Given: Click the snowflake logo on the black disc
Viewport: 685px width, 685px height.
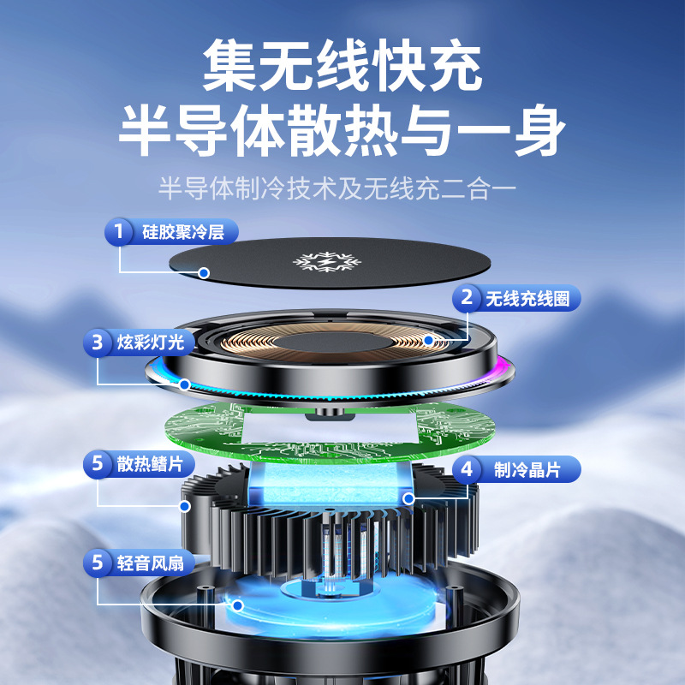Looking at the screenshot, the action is (327, 262).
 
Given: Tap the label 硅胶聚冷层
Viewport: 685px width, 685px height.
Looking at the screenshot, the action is (183, 231).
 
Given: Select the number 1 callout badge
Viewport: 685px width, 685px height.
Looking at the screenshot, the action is (118, 231).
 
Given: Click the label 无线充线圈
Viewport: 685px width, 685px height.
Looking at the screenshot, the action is (527, 299).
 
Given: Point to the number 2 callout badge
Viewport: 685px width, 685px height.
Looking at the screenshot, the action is (467, 298).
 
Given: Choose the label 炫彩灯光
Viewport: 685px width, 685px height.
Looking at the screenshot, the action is (151, 342).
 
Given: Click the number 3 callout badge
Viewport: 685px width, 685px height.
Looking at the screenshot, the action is (97, 342).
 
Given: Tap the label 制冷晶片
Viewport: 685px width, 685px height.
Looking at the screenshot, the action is (527, 470).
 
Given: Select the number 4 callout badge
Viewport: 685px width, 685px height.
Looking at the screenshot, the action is (467, 469).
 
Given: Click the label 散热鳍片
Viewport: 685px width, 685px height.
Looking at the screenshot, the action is (151, 463).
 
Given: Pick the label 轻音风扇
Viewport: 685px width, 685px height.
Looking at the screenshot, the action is (151, 563).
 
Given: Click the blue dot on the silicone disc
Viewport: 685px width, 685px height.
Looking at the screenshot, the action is (204, 273).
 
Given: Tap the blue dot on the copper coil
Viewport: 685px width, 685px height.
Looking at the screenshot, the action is (429, 340).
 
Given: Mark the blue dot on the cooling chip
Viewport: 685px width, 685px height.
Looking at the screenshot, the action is (409, 498).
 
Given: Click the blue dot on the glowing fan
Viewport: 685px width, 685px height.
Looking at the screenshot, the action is (238, 605).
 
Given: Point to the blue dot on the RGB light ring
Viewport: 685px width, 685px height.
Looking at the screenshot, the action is (185, 384).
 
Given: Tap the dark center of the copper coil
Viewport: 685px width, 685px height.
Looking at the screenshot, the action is (332, 342).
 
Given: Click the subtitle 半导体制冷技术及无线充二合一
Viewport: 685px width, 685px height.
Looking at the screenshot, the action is (337, 188).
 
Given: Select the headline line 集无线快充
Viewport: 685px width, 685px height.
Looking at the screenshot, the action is (342, 66).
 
